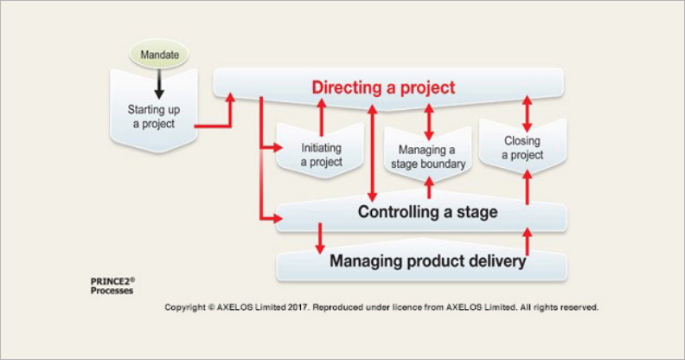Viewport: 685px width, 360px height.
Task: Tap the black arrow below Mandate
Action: coord(159,84)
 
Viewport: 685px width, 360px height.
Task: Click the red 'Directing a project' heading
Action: coord(383,87)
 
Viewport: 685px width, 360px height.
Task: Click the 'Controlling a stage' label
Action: coord(427,212)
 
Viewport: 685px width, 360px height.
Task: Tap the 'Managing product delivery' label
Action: coord(427,260)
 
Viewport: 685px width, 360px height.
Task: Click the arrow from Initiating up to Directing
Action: coord(321,115)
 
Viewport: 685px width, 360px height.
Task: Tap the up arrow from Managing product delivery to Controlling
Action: coord(527,239)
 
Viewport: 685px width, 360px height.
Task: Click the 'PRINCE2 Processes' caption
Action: coord(112,286)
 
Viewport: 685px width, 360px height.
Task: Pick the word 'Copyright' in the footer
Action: coord(187,307)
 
